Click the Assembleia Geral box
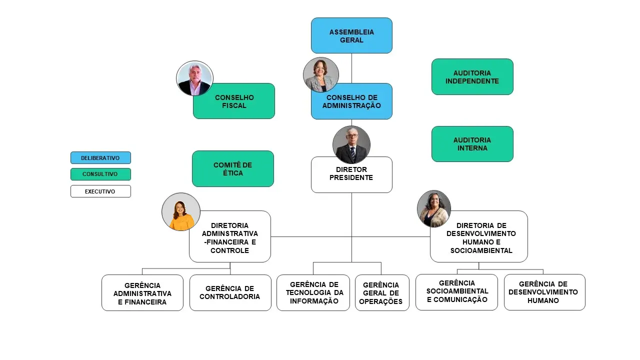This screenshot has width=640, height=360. [351, 35]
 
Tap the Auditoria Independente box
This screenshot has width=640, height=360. [472, 76]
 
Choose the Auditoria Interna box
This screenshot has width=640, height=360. [472, 144]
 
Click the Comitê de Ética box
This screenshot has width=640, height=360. [233, 169]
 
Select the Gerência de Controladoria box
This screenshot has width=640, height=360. [230, 292]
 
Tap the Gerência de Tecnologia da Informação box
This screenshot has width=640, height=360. [313, 292]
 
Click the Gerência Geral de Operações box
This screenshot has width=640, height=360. [382, 293]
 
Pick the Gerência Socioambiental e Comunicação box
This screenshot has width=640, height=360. [456, 292]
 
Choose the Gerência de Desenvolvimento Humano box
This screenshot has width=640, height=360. [544, 292]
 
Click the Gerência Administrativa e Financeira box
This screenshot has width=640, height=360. [142, 293]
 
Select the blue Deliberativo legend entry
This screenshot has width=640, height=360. [100, 158]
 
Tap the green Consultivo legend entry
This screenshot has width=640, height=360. [100, 174]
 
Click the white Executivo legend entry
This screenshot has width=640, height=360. [100, 191]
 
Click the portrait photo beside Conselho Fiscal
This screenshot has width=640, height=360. [194, 78]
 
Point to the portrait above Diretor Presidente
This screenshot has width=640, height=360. [351, 144]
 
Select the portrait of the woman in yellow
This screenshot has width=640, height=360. [181, 211]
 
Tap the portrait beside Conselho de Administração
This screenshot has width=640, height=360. [321, 74]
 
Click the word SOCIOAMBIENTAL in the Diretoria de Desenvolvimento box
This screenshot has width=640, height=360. [481, 250]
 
